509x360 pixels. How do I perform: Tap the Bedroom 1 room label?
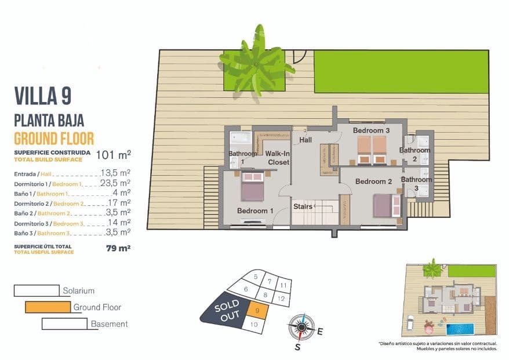[x=255, y=210]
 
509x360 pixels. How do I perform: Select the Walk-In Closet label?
[x=278, y=158]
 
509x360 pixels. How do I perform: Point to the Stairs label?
[x=303, y=206]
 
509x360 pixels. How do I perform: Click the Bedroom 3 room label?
[x=371, y=131]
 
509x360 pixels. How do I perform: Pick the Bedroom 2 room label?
[x=374, y=181]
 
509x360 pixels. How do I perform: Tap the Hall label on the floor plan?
[x=306, y=140]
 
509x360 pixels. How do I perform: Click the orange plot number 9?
[x=257, y=311]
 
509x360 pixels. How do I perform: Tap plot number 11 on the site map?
[x=282, y=286]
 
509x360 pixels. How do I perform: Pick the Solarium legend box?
[x=37, y=290]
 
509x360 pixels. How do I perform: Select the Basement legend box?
[x=64, y=323]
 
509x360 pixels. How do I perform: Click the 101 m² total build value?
[x=113, y=154]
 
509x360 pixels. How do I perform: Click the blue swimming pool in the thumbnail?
[x=460, y=329]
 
